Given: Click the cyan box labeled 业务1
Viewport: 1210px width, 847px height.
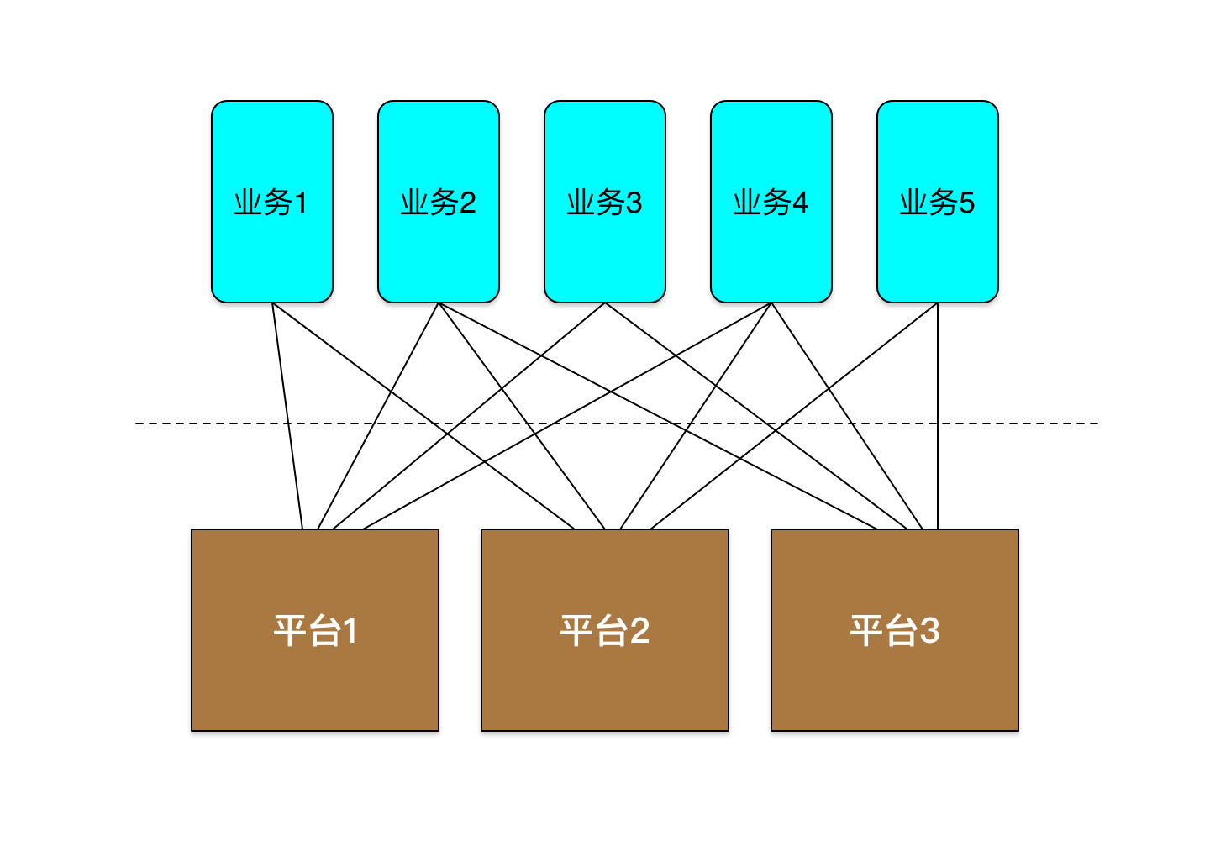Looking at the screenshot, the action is click(271, 202).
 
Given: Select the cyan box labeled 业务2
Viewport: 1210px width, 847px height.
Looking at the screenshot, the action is click(438, 202).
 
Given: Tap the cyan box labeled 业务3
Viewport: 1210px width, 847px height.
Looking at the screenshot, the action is click(604, 202).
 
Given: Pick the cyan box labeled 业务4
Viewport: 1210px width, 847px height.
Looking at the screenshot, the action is click(771, 202).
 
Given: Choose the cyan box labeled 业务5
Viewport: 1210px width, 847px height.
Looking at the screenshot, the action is click(937, 202).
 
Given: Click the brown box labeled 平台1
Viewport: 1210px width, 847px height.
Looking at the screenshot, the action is click(315, 630).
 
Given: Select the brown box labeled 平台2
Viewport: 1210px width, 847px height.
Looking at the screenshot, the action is click(604, 630).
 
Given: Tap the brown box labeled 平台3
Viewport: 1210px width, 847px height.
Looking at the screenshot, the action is click(895, 630).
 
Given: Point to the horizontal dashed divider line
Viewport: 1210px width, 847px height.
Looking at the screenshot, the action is click(617, 423).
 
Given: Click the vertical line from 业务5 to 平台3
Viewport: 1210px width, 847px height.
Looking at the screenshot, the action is click(937, 416).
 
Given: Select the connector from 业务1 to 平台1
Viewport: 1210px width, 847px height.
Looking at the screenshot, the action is click(287, 416).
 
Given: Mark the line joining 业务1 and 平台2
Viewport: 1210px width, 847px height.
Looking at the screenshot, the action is click(423, 416).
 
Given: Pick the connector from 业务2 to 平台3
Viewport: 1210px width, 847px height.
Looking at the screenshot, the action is click(657, 416).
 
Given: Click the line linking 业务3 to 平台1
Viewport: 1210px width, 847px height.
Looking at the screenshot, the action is click(469, 416).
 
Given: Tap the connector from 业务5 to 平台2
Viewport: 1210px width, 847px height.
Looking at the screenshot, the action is click(794, 416).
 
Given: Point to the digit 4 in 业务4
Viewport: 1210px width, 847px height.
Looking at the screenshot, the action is click(799, 203).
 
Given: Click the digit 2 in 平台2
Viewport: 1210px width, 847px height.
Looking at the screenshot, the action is click(640, 631).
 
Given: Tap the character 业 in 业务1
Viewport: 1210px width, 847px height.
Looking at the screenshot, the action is click(249, 203).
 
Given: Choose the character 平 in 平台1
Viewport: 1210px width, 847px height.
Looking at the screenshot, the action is click(291, 630).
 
